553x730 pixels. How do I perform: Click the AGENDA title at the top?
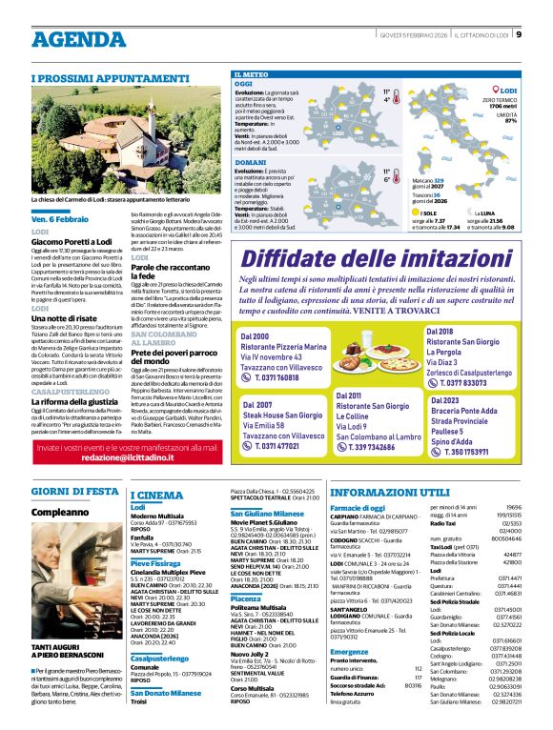pyautogui.click(x=78, y=39)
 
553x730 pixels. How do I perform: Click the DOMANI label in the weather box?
pyautogui.click(x=251, y=162)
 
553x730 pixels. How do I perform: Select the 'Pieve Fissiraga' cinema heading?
pyautogui.click(x=157, y=563)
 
